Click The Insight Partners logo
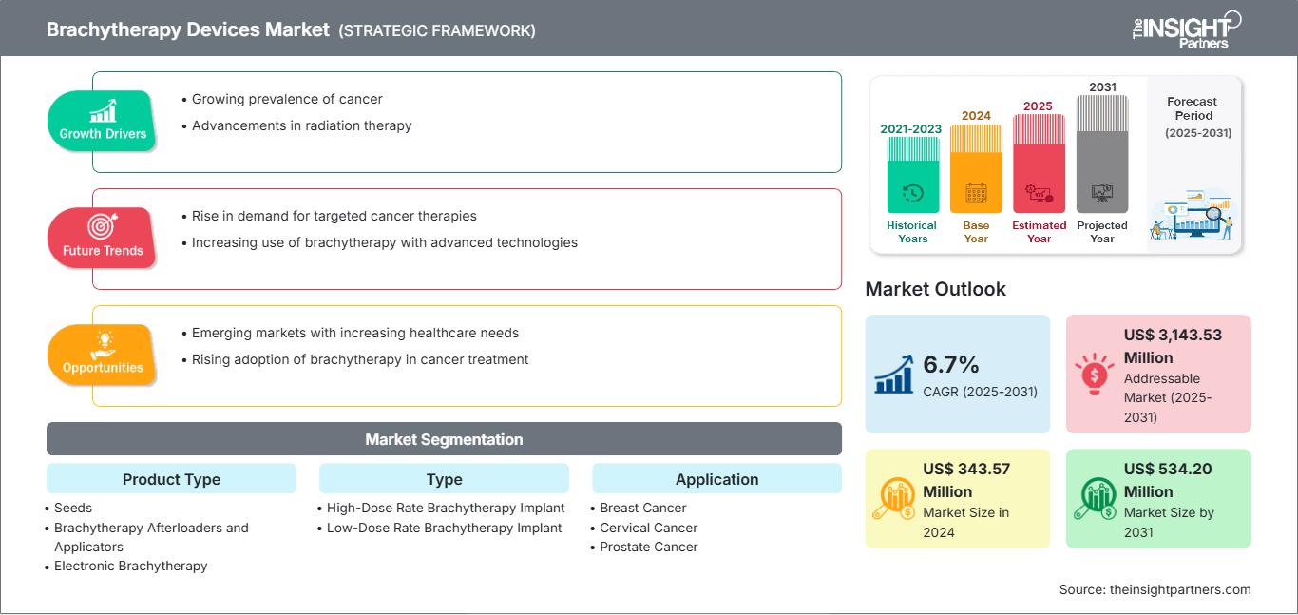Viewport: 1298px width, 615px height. (x=1186, y=29)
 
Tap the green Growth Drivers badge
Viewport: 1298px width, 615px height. (x=102, y=121)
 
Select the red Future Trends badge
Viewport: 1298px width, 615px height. (x=102, y=238)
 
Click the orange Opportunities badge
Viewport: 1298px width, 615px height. (x=102, y=355)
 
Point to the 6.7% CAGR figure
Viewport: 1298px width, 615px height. (x=951, y=365)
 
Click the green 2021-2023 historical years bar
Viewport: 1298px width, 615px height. (x=912, y=175)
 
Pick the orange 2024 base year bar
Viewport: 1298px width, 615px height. (x=976, y=168)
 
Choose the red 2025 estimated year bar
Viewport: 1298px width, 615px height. (x=1039, y=163)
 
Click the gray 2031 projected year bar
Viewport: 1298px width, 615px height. (x=1102, y=154)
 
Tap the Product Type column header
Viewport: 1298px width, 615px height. (x=172, y=479)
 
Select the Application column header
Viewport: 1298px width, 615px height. (x=716, y=479)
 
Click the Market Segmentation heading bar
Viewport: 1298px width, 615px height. (x=444, y=439)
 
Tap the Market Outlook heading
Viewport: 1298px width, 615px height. (x=935, y=289)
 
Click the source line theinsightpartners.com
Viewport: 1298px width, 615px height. (x=1155, y=589)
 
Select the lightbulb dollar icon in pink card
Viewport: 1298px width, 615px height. (x=1094, y=374)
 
